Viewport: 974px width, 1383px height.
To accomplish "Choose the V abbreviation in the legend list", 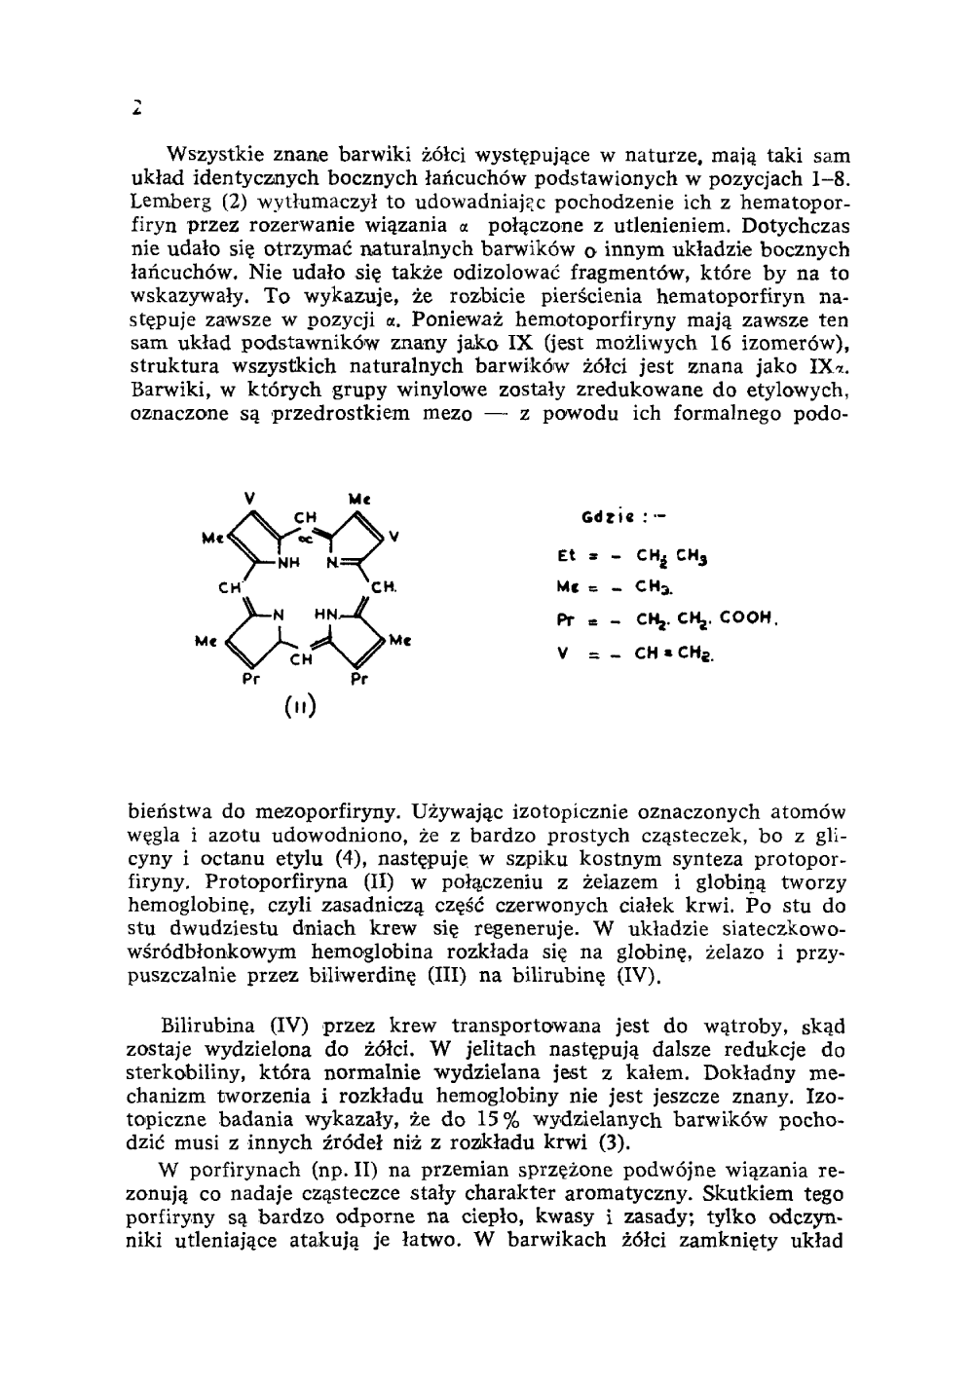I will coord(565,654).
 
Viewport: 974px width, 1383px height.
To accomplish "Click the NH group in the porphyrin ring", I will coord(289,562).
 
